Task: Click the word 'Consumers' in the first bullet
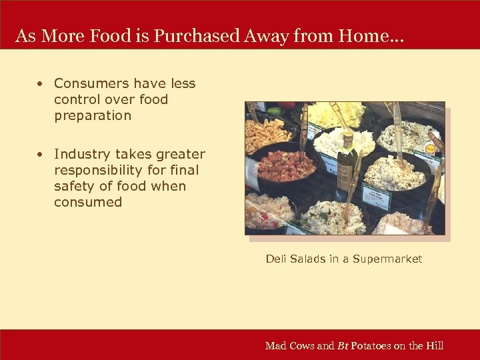tap(91, 84)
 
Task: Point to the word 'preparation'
tap(93, 116)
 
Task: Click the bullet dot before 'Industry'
tap(41, 155)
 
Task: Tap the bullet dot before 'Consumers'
tap(41, 84)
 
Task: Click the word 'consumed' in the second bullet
tap(88, 203)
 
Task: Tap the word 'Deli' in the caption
tap(276, 259)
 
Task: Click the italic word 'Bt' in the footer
tap(343, 345)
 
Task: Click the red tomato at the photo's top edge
tap(288, 106)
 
